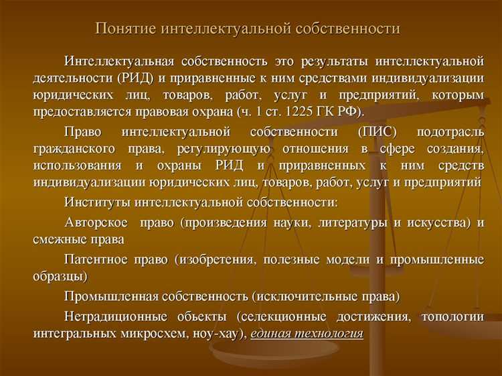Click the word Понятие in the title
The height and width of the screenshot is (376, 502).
(x=126, y=29)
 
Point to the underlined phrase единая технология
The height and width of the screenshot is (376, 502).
(x=307, y=334)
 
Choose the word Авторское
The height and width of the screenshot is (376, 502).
(x=98, y=222)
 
